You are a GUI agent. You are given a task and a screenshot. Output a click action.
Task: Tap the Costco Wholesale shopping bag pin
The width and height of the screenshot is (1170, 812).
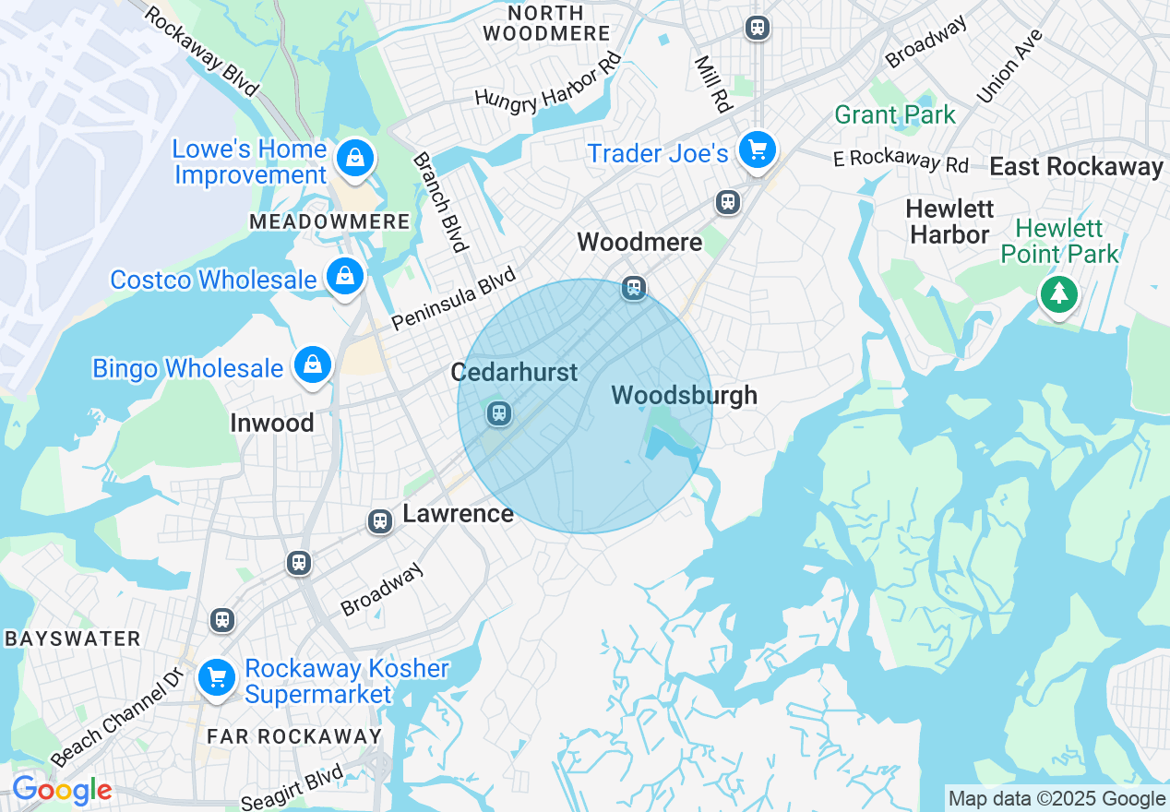click(344, 276)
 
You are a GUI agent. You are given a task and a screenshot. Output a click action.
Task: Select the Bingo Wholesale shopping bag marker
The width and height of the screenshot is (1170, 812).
click(313, 365)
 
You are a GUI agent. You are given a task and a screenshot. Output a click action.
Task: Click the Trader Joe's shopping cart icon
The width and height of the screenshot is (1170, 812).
click(758, 149)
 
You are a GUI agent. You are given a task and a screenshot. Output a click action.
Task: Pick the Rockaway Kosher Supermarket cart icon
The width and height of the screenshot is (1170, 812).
click(217, 679)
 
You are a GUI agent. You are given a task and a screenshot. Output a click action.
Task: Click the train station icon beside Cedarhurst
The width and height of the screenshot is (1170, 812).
click(499, 412)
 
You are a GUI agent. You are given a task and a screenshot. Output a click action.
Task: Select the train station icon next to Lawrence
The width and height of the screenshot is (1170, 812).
click(380, 521)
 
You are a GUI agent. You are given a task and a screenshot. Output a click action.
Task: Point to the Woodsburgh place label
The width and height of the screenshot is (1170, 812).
click(684, 396)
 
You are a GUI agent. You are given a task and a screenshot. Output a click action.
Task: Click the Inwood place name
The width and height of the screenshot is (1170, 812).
click(272, 424)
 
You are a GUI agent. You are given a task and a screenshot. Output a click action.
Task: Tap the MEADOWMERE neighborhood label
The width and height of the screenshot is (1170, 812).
click(329, 222)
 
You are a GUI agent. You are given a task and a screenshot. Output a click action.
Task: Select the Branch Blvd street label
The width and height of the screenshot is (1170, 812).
click(440, 202)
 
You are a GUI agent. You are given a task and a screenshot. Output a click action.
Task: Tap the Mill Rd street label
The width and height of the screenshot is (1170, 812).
click(712, 83)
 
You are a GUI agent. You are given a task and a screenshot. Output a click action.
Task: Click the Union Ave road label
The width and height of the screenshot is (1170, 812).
click(1009, 66)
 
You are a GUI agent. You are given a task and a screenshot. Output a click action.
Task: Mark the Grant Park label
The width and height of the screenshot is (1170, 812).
click(895, 115)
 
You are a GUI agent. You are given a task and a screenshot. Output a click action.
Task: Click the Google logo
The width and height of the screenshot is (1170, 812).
click(62, 791)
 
